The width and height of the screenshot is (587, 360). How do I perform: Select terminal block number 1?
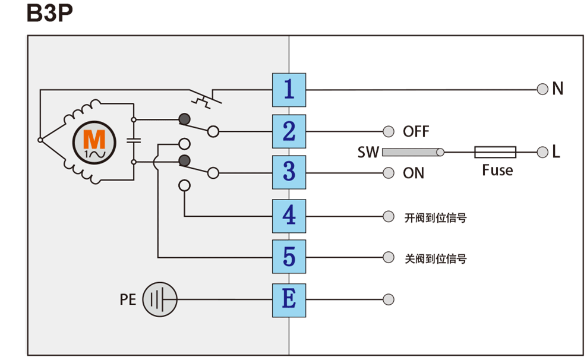[x=289, y=90]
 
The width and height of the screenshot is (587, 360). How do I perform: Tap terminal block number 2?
[x=289, y=131]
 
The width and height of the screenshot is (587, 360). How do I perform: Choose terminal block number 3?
[x=289, y=172]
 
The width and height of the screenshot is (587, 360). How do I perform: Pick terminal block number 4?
[x=289, y=216]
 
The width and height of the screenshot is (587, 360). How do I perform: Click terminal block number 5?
[x=289, y=257]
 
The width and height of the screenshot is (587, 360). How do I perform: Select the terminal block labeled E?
[x=289, y=299]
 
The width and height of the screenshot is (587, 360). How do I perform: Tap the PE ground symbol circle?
[x=160, y=299]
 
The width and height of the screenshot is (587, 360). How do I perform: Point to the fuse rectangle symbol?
[x=495, y=152]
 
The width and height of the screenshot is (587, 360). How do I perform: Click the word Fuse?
[x=497, y=170]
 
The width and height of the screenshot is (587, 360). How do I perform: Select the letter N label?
[x=557, y=89]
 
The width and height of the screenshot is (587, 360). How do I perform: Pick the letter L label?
[x=556, y=152]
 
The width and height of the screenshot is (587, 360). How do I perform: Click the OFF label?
[x=416, y=131]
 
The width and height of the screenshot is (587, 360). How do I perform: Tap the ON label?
[x=414, y=173]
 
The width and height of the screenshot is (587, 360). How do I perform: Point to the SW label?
[x=368, y=153]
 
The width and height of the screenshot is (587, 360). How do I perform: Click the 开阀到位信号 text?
[x=435, y=218]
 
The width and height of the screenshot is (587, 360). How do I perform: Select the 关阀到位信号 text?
[x=435, y=259]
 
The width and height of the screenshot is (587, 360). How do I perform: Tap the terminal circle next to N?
[x=542, y=89]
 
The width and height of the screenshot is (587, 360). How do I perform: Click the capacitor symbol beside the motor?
[x=134, y=141]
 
